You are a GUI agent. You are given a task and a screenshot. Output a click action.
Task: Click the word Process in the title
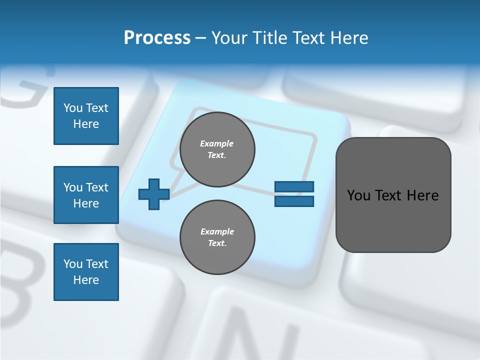coord(157,38)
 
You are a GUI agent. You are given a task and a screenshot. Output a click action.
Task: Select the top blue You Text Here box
coord(86,116)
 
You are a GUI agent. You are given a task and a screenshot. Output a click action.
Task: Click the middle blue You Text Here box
coord(86,195)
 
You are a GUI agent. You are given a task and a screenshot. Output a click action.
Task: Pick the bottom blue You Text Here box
coord(86,272)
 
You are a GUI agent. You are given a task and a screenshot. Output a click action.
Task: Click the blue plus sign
coord(153,194)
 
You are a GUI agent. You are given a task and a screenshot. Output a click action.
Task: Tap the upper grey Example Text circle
coord(217,149)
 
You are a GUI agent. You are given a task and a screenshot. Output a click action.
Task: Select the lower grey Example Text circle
coord(217,237)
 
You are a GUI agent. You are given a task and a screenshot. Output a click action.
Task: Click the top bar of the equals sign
coord(294,187)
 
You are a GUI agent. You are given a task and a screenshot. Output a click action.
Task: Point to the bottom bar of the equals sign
coord(294,201)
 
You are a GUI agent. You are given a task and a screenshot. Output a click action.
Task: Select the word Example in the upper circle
coord(217,143)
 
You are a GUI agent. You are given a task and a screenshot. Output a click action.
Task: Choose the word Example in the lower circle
coord(217,231)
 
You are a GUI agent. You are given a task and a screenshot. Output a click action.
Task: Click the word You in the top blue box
coord(73,108)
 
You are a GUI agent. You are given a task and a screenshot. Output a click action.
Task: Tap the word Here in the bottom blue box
coord(86,280)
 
